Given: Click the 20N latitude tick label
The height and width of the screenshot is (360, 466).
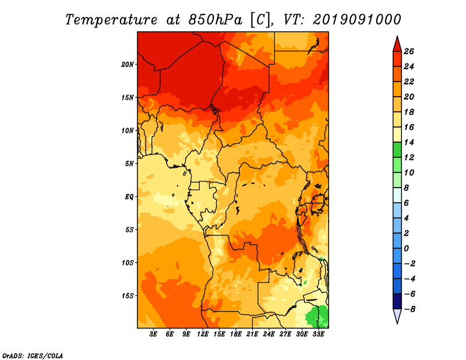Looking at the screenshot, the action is click(x=128, y=65).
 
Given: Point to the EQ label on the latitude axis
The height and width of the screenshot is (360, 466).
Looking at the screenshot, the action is click(x=129, y=197).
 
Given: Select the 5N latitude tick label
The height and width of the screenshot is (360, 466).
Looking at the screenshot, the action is click(x=129, y=164).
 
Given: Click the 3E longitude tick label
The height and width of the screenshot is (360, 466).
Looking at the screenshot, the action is click(x=153, y=334).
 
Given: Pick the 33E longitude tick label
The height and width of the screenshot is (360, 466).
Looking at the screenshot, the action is click(x=318, y=334).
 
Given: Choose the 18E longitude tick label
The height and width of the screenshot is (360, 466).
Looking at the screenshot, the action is click(x=236, y=334).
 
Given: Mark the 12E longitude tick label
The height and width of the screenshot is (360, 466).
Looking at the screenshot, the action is click(x=203, y=334).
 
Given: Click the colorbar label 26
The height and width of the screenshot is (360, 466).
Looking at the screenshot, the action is click(x=409, y=51).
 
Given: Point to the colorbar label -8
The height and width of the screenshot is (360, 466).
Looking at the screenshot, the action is click(x=409, y=309).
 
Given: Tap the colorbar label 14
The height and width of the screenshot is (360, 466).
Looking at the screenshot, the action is click(x=409, y=142).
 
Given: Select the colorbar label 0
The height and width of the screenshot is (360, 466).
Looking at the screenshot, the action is click(x=406, y=249).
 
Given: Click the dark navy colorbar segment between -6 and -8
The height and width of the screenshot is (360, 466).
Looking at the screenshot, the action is click(x=397, y=301).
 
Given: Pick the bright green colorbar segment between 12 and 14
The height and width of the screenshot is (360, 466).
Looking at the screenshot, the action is click(x=397, y=150).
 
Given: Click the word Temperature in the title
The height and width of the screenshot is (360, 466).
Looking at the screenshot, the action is click(x=111, y=20).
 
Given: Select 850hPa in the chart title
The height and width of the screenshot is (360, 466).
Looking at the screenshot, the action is click(x=216, y=20).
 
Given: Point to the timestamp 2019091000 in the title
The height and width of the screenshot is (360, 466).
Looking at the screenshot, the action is click(x=356, y=20).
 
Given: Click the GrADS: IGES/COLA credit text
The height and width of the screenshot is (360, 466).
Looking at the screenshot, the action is click(x=33, y=356).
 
